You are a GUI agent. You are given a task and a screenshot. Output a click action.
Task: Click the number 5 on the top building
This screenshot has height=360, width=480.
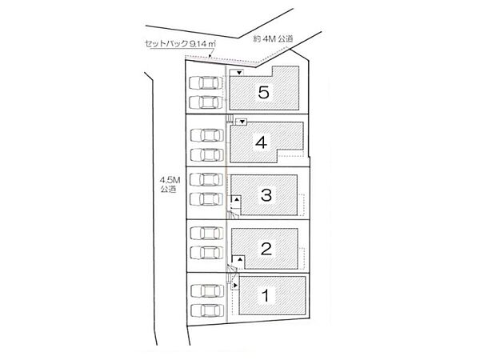[263, 92]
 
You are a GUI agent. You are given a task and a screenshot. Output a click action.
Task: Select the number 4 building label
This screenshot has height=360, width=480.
[261, 142]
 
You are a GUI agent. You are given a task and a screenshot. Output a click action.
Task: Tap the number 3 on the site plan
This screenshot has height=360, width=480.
[266, 195]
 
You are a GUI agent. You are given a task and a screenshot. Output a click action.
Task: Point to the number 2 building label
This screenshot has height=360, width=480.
[266, 249]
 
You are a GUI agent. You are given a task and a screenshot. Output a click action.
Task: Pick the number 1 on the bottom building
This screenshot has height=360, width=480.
[266, 295]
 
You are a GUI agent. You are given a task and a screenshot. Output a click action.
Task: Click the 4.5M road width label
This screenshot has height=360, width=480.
[170, 180]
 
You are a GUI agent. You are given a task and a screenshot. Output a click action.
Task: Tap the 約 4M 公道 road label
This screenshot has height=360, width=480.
[273, 39]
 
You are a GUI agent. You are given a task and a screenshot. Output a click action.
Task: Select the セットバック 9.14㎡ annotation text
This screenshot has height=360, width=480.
[180, 44]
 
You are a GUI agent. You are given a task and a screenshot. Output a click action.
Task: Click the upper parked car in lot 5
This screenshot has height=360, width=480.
[206, 83]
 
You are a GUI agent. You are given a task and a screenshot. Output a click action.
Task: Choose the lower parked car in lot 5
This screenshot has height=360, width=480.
[206, 102]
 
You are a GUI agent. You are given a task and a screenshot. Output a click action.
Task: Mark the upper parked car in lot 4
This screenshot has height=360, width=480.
[207, 135]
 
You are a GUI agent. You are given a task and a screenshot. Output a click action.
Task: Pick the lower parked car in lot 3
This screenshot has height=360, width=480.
[206, 199]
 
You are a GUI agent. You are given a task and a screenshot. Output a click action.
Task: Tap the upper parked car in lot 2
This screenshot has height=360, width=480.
[206, 234]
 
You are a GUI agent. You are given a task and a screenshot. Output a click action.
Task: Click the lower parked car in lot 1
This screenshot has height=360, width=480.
[207, 310]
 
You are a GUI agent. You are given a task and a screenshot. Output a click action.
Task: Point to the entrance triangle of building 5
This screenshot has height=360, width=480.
[239, 73]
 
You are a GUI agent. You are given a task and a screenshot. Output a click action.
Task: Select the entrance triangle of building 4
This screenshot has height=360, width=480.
[242, 122]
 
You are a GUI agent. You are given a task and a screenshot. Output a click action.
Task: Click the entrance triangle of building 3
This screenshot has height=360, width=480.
[237, 199]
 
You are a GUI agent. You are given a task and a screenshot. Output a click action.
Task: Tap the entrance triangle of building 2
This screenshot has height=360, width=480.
[240, 259]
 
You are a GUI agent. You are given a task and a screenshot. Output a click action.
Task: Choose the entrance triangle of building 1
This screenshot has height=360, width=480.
[235, 286]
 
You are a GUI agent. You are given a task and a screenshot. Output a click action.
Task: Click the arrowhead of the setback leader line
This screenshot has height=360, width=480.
[210, 56]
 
